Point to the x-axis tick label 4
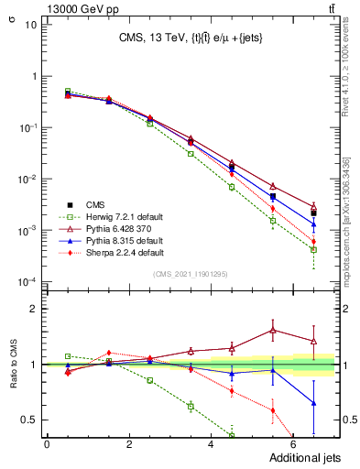point(212,444)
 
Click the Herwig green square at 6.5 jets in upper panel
point(313,249)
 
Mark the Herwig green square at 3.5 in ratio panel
point(191,406)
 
